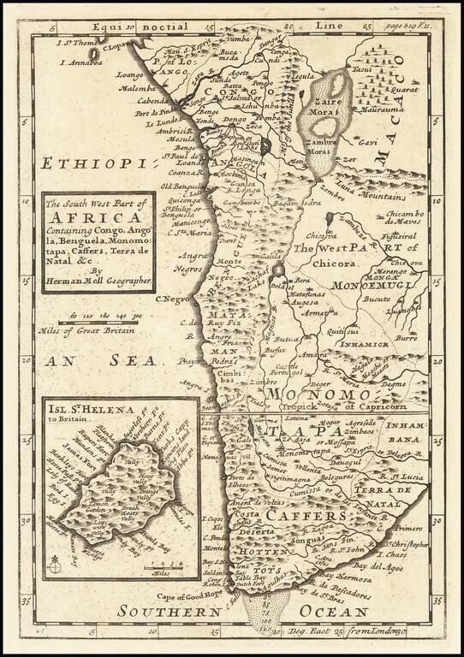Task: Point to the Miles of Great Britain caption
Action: pos(88,328)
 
